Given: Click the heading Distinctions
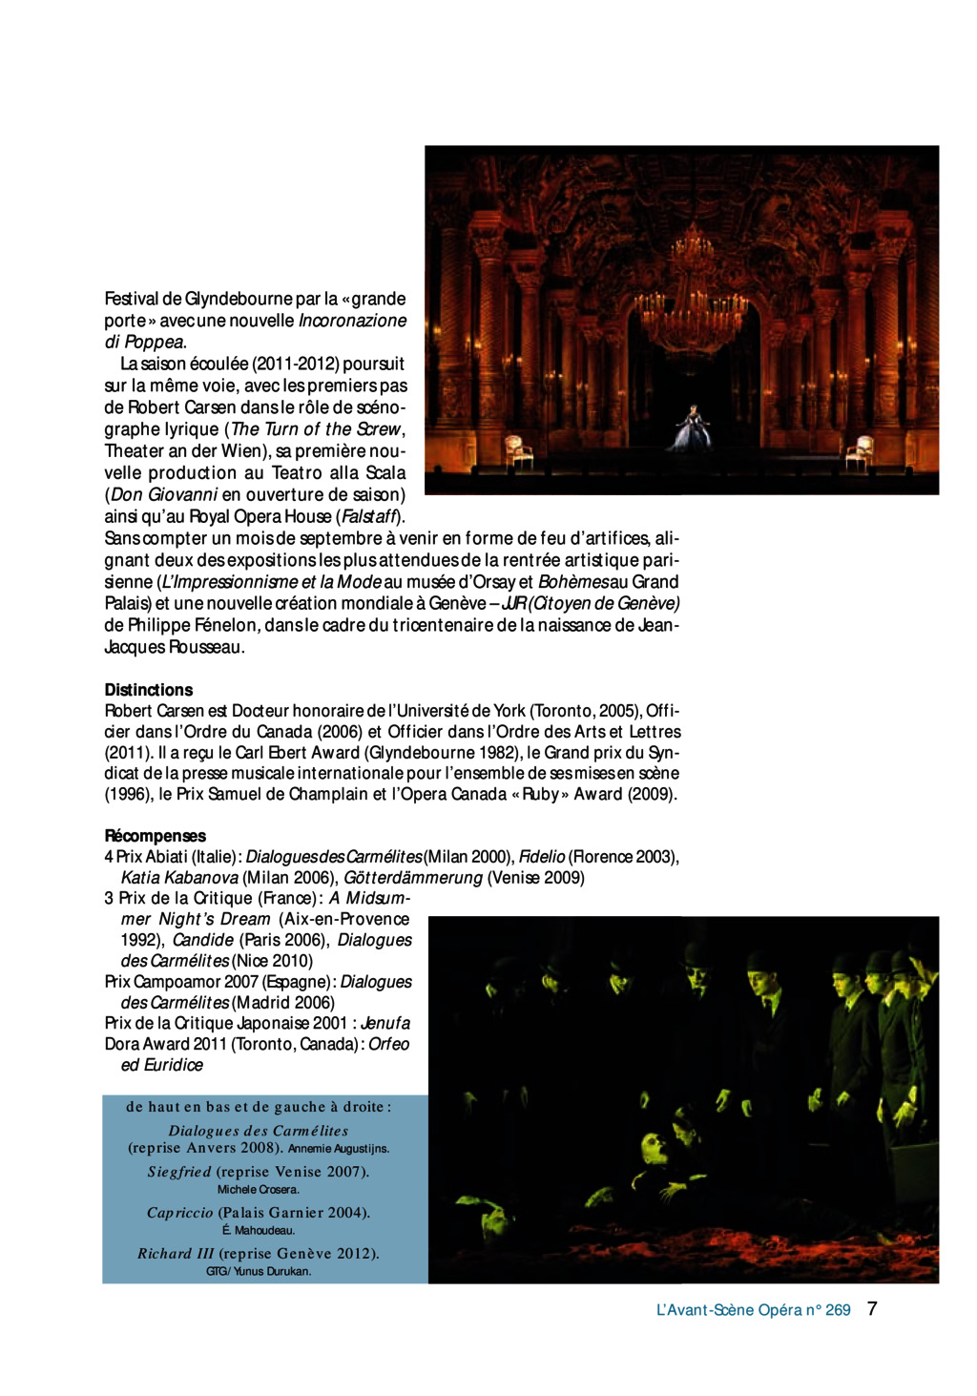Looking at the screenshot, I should tap(148, 690).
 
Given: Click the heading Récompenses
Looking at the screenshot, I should tap(155, 836).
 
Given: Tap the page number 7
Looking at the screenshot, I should tap(872, 1309).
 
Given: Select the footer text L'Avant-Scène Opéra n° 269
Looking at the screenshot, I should tap(753, 1310).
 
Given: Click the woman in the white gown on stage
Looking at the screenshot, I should tap(693, 428).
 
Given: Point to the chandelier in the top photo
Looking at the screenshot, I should tap(692, 296).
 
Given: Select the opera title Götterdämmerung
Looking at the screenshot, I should tap(413, 878).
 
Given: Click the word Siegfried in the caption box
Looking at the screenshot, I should tap(179, 1172).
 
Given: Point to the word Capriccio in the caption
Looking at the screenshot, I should tap(179, 1213).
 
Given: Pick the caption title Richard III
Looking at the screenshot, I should tap(176, 1254).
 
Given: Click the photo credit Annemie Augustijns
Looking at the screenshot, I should tap(339, 1149).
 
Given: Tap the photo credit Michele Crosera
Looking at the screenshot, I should tap(258, 1190).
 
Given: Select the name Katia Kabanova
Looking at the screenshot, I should tap(179, 878).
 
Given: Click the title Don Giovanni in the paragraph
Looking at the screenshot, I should tap(164, 495).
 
